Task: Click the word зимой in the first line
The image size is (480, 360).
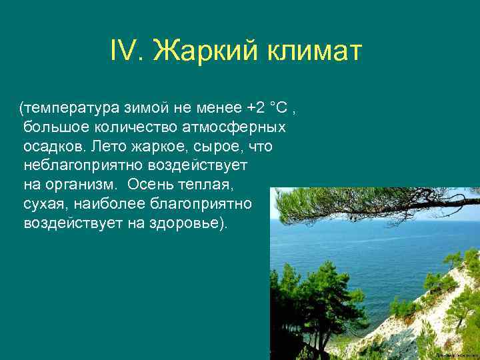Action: (144, 107)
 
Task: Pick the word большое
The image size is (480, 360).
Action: (51, 127)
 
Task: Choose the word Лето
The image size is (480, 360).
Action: (109, 146)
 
